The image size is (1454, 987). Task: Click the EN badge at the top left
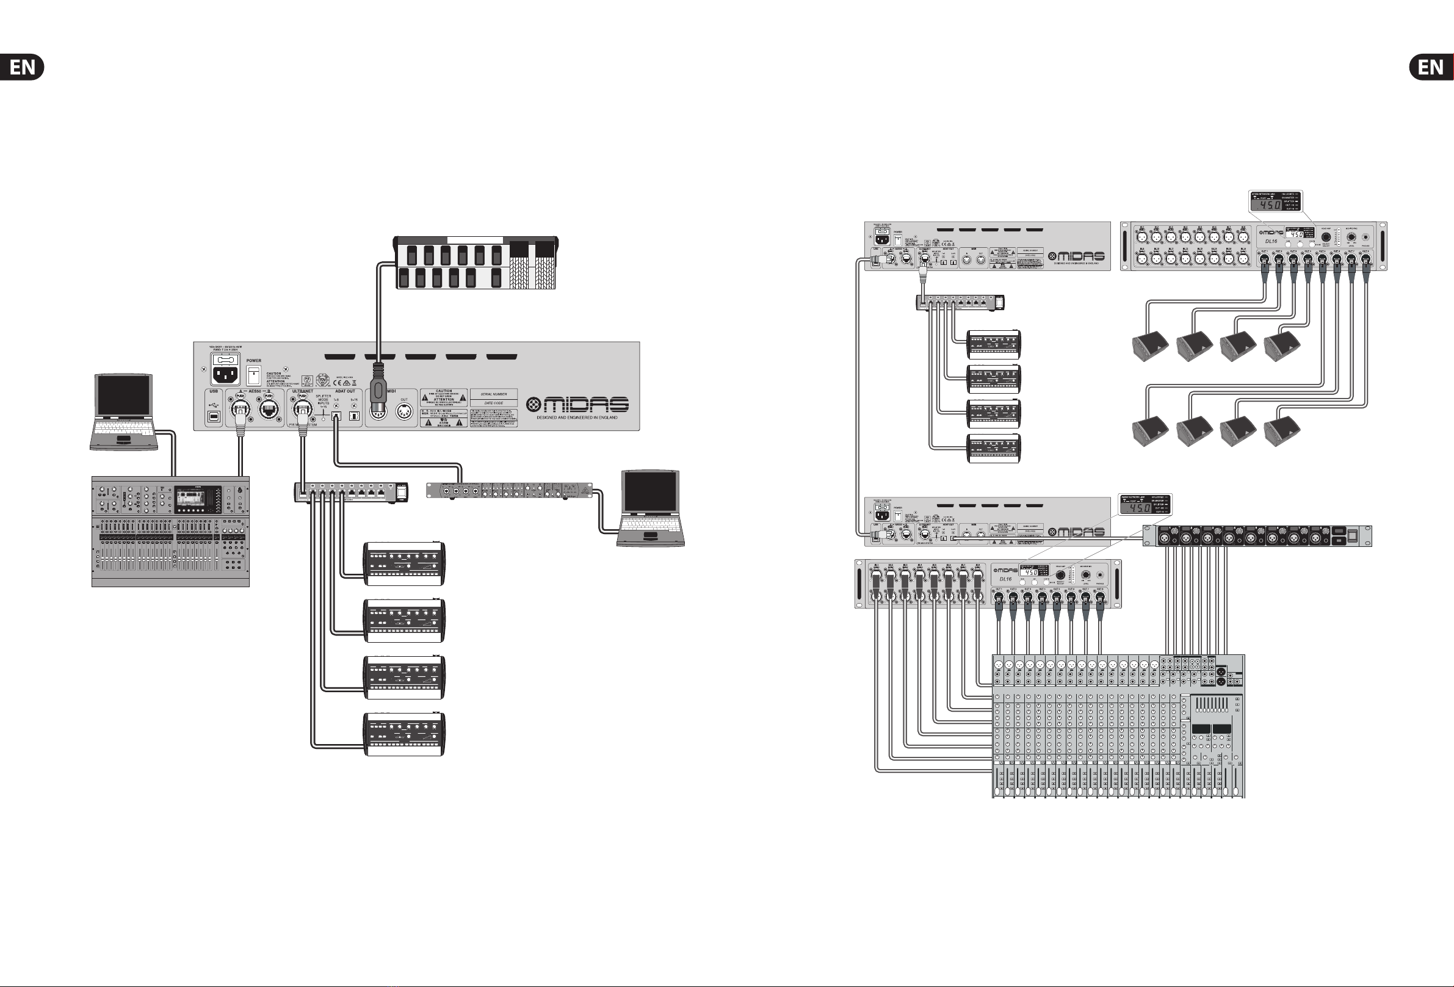22,67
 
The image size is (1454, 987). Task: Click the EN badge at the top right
1431,67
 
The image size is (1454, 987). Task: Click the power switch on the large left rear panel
253,375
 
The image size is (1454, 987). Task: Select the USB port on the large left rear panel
214,415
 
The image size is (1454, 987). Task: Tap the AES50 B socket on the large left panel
269,410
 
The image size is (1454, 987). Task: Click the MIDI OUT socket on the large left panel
404,412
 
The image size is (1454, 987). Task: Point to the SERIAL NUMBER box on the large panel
494,394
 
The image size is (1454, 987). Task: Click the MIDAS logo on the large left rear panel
577,405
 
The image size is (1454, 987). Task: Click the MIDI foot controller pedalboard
476,263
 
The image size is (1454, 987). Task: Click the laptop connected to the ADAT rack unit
651,508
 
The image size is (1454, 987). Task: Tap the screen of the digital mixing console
190,499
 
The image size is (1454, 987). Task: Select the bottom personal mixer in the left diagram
405,734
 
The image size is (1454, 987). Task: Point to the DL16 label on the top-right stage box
1271,241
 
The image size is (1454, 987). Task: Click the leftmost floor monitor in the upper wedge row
1150,348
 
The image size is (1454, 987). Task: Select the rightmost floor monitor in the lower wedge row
1282,432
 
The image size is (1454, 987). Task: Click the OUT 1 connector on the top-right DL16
1264,258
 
